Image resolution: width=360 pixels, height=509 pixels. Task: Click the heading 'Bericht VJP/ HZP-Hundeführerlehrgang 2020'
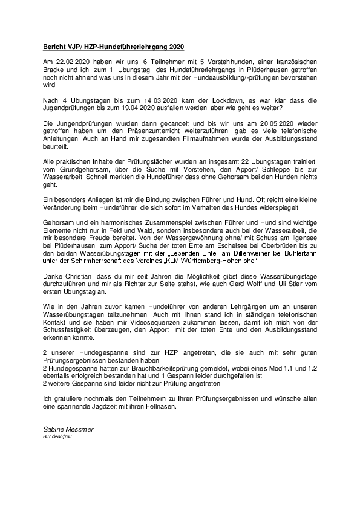(x=113, y=47)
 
